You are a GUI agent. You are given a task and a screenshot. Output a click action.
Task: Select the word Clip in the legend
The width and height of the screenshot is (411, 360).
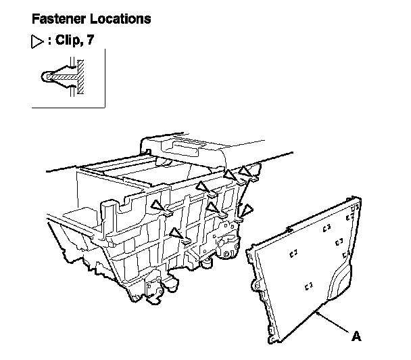tap(66, 42)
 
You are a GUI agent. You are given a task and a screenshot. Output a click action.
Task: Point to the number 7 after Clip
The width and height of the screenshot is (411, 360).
tap(89, 42)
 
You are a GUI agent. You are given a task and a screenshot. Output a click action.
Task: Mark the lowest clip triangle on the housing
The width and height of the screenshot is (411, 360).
tap(176, 233)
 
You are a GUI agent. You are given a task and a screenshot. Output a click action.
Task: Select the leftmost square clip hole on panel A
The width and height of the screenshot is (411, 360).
tap(293, 254)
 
